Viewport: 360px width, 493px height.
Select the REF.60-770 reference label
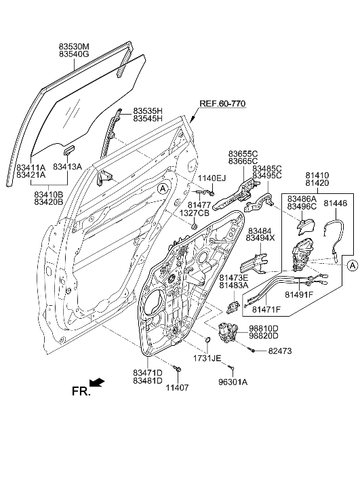click(222, 104)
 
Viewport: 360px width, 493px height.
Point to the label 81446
click(335, 202)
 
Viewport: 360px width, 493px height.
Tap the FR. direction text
click(80, 391)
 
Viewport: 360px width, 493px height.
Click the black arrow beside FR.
click(98, 383)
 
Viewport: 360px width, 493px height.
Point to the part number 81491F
click(298, 295)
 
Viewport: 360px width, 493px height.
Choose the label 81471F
click(266, 310)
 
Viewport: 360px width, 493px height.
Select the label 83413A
click(67, 167)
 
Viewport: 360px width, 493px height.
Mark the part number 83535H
click(147, 110)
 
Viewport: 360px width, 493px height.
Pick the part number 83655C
click(242, 154)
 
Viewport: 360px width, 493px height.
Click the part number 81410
click(317, 174)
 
